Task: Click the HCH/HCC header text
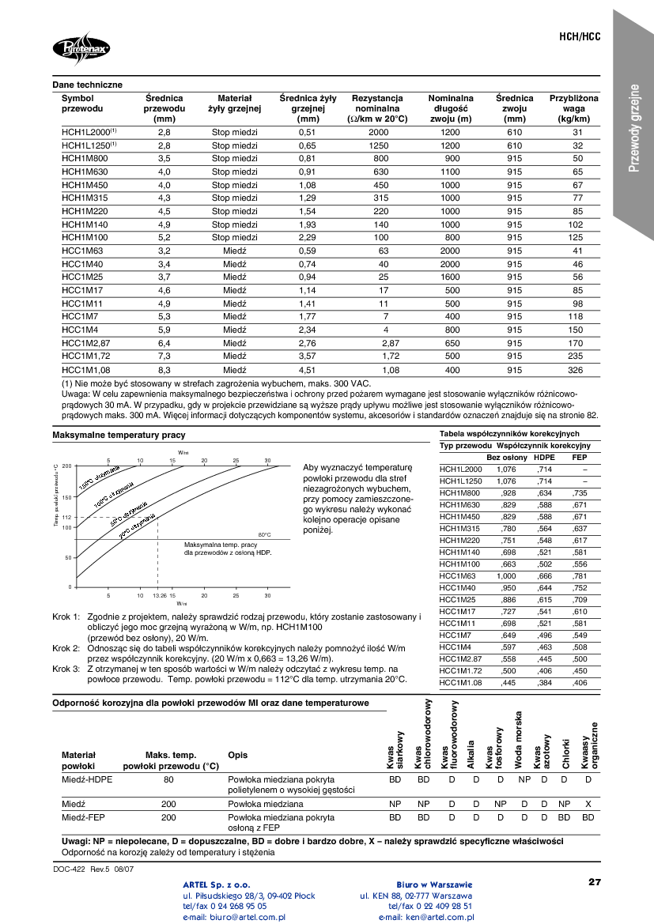580,37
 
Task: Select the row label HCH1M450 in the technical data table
85,185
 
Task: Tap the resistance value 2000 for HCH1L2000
379,132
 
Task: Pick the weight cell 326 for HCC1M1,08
577,369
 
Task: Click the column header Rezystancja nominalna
378,108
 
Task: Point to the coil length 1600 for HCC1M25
450,277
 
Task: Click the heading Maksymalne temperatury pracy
119,436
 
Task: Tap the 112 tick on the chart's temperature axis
67,517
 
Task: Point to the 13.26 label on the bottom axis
160,595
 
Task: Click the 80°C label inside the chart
264,535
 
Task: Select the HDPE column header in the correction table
544,458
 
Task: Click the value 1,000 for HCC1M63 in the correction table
506,575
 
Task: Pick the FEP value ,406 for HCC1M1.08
579,682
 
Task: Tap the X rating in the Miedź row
588,803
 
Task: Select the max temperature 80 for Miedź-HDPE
168,780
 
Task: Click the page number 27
595,881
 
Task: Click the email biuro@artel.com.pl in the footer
234,917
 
